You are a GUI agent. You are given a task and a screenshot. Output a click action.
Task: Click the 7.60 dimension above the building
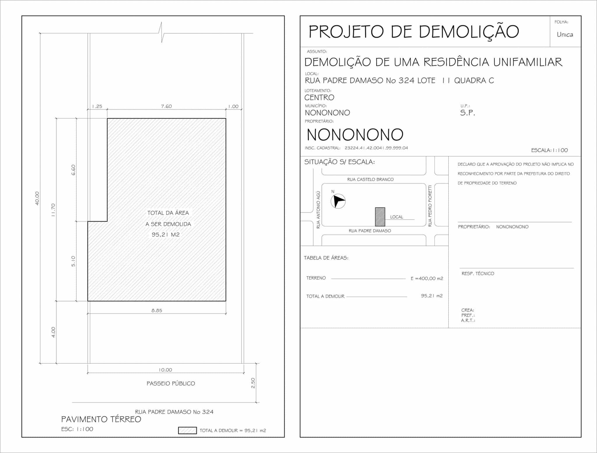[x=166, y=106]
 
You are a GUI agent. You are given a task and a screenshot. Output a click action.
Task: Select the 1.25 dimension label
[x=97, y=106]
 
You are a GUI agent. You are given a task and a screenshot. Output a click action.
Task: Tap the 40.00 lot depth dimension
[x=37, y=198]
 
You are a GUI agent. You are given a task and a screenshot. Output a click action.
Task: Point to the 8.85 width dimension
[x=157, y=311]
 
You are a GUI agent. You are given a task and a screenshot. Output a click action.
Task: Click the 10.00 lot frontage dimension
[x=165, y=370]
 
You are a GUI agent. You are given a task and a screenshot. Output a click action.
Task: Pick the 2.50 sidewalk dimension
[x=253, y=383]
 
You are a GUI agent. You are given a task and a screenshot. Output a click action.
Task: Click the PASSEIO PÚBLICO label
[x=171, y=384]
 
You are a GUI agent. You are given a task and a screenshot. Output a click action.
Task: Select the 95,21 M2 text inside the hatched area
[x=166, y=235]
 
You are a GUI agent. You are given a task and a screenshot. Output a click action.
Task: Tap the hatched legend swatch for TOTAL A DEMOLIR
[x=187, y=430]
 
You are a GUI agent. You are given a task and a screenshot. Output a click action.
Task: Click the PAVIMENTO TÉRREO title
[x=101, y=419]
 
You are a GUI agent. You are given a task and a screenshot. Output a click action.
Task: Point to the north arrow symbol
[x=338, y=201]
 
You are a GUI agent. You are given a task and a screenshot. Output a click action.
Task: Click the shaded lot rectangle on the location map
[x=380, y=217]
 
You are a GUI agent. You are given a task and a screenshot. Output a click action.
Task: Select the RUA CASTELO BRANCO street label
[x=370, y=179]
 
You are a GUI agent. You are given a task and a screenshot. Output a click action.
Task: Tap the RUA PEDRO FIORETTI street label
[x=430, y=206]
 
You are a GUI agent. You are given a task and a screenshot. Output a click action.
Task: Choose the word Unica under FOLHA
[x=565, y=35]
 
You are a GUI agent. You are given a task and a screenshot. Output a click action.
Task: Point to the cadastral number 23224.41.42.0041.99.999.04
[x=376, y=148]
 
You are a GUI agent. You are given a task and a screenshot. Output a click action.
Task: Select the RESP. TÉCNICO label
[x=478, y=274]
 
